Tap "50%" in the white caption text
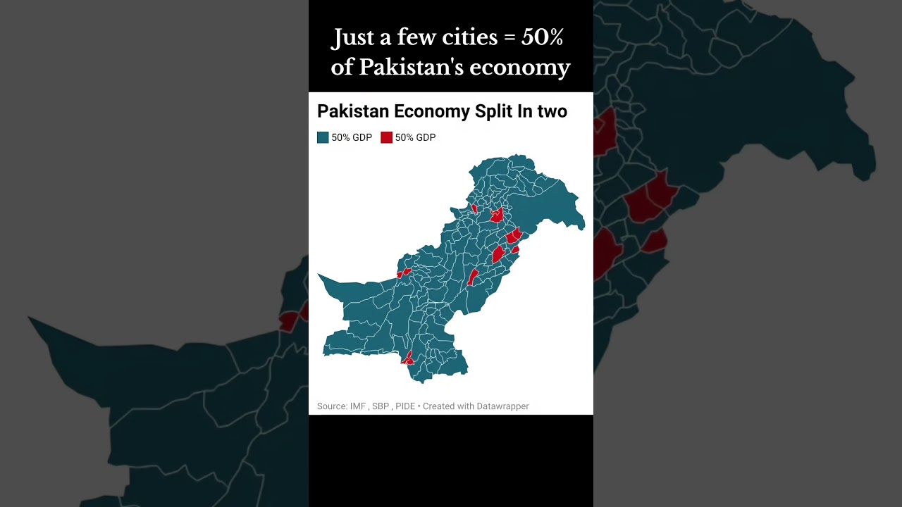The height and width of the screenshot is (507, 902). tap(542, 37)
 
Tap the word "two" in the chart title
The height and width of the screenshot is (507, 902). tap(552, 111)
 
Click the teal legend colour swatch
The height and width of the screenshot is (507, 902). tap(323, 137)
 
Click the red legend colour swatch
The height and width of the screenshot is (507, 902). tap(386, 137)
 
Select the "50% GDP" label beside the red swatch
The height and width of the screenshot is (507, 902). tap(415, 137)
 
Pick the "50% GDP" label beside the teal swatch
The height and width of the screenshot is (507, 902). tap(352, 137)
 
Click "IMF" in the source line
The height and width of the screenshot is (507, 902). tap(358, 406)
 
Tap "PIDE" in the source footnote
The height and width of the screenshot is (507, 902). tap(405, 406)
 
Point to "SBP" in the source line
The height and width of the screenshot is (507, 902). tap(381, 406)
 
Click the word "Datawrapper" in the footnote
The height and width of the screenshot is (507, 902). tap(502, 406)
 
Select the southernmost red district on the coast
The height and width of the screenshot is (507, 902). tap(407, 359)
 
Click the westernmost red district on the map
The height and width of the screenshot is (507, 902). tap(403, 273)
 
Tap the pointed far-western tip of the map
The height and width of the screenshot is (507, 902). tap(319, 275)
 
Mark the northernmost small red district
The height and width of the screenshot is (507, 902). tap(474, 208)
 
